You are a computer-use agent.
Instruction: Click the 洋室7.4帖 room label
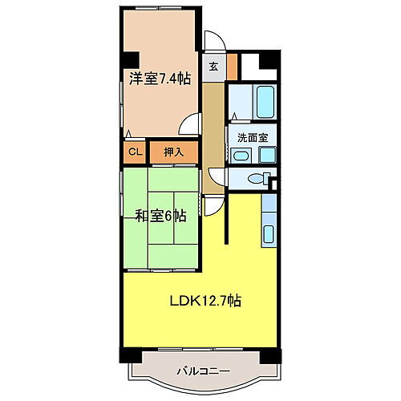[x=160, y=78]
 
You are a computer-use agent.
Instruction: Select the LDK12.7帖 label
[x=205, y=302]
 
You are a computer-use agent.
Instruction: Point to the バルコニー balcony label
[x=203, y=371]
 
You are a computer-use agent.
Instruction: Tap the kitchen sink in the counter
[x=269, y=234]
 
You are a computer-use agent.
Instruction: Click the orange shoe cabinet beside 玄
[x=232, y=66]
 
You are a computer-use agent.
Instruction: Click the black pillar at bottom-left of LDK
[x=125, y=354]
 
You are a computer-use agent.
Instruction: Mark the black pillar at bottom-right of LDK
[x=277, y=354]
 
